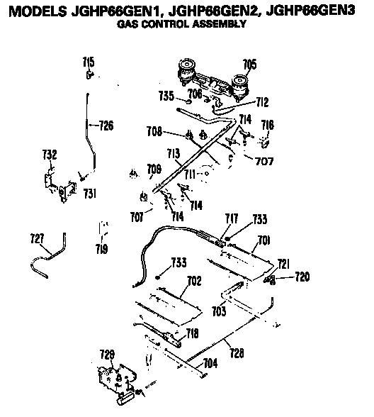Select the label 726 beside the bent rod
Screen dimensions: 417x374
(x=106, y=126)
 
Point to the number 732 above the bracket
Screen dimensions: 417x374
(x=49, y=155)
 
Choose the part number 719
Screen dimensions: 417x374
(x=102, y=248)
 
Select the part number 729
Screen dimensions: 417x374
(x=106, y=354)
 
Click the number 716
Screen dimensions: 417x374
(x=266, y=125)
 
